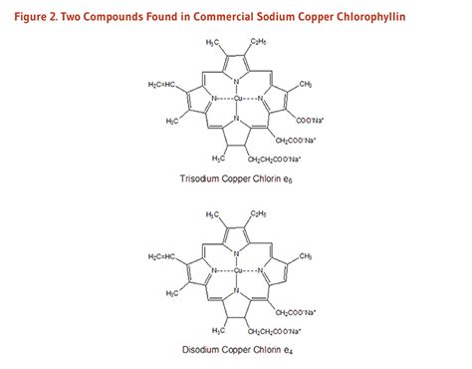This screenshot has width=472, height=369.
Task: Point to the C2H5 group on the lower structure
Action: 258,213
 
